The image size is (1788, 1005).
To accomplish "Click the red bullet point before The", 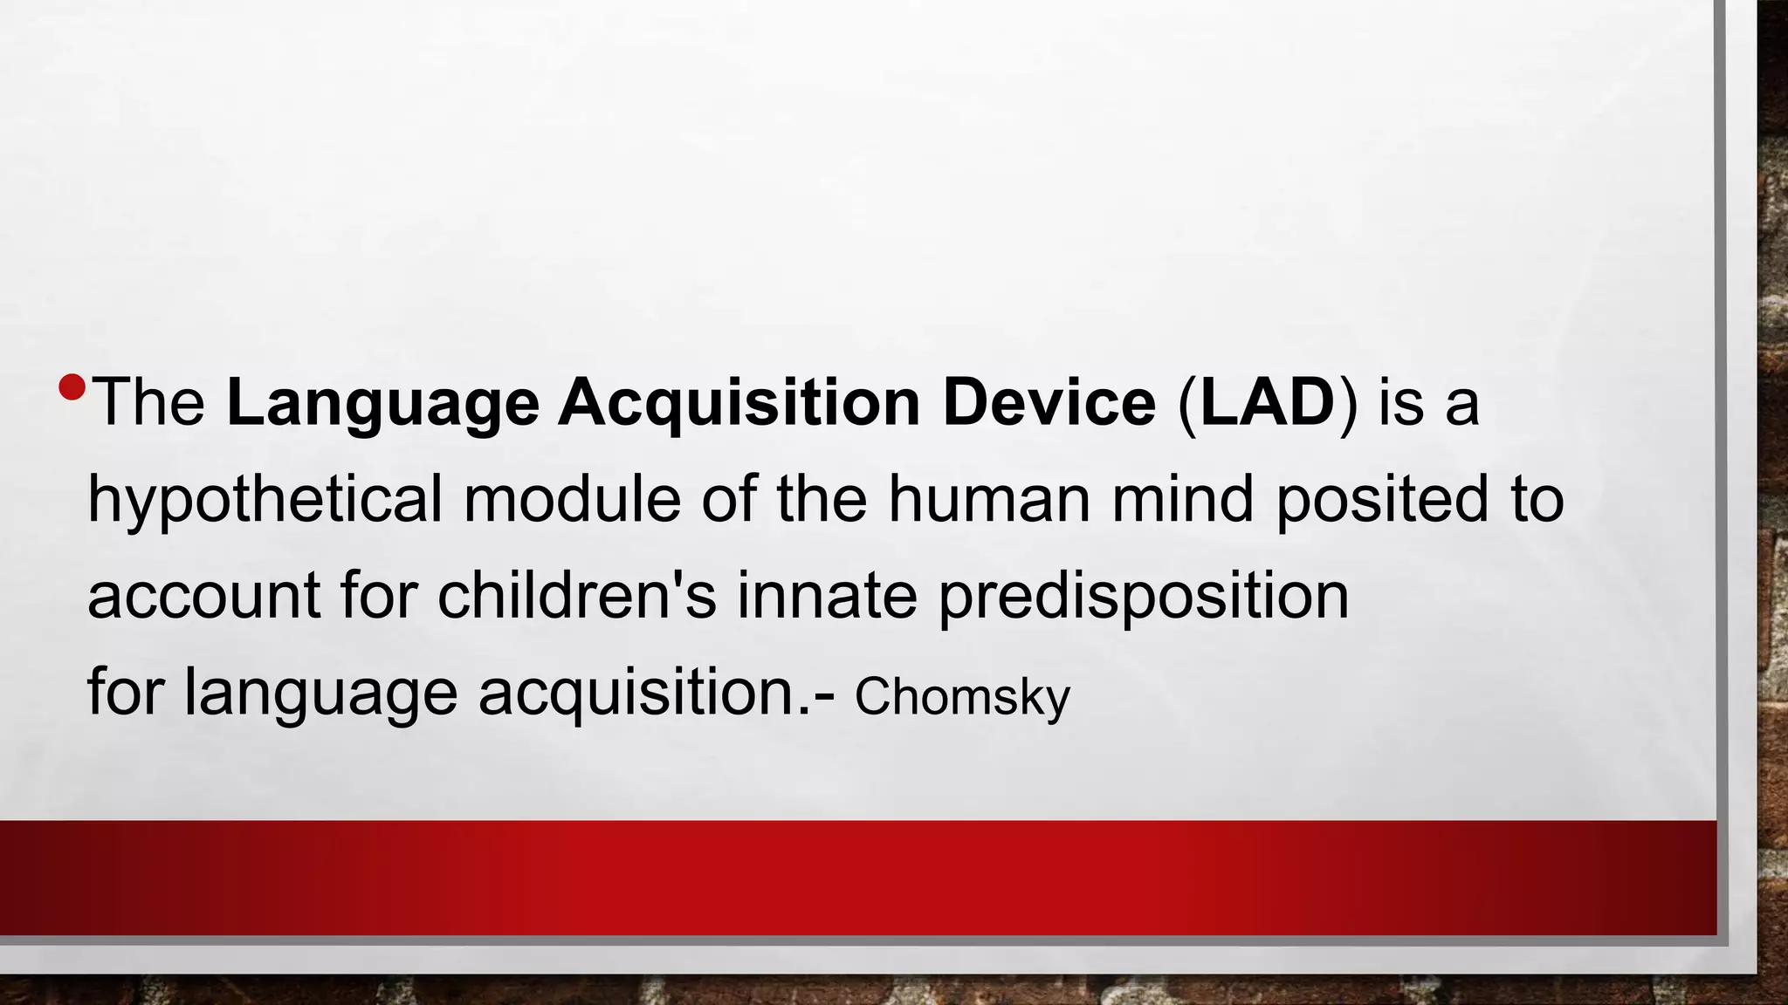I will (72, 386).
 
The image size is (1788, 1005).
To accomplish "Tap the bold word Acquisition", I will (739, 403).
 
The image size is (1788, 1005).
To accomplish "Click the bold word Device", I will (1049, 403).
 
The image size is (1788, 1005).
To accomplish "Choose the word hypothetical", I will (265, 502).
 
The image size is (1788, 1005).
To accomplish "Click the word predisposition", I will (1144, 598).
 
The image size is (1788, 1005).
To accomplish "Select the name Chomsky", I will (962, 697).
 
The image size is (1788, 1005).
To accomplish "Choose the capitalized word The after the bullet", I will (148, 403).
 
